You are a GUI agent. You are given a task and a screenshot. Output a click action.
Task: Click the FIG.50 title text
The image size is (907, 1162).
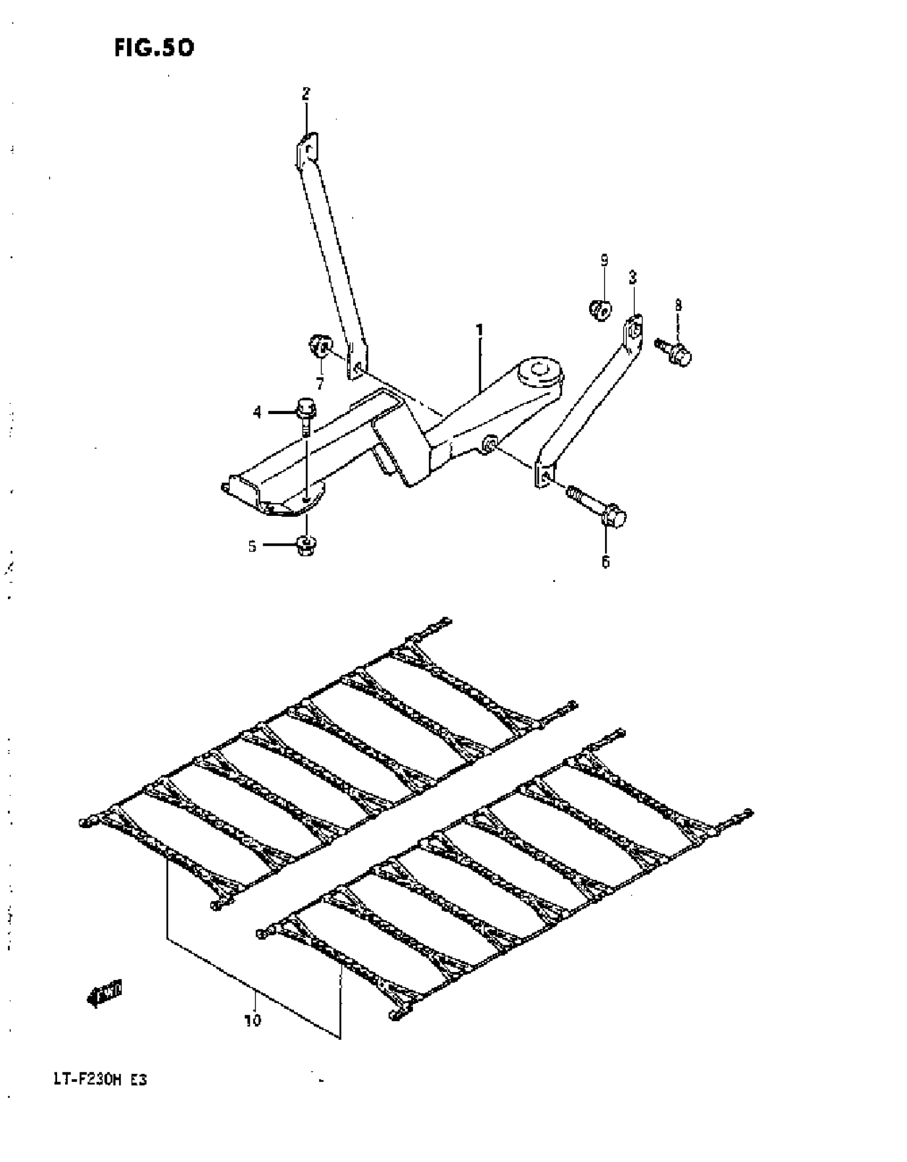coord(154,49)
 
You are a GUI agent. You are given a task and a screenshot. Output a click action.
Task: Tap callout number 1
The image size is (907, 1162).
coord(480,331)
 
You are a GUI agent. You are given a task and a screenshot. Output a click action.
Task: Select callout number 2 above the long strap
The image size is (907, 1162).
coord(306,94)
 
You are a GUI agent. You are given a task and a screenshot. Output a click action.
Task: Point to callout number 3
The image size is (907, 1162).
coord(633,277)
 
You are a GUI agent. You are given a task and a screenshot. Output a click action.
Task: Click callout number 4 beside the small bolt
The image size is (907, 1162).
coord(258,412)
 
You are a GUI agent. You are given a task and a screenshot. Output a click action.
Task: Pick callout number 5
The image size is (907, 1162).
coord(252,546)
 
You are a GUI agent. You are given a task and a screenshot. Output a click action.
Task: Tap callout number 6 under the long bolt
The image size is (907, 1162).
coord(606,562)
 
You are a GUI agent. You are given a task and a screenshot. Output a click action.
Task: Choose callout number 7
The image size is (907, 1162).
coord(320,383)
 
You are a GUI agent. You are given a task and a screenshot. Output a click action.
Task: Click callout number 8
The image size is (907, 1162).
coord(678,305)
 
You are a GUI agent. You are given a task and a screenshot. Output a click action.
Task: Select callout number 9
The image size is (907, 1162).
coord(604,260)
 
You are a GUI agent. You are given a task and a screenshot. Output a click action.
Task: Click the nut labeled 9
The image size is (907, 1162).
coord(600,309)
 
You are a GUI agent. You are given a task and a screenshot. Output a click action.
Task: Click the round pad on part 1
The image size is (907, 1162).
coord(540,370)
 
